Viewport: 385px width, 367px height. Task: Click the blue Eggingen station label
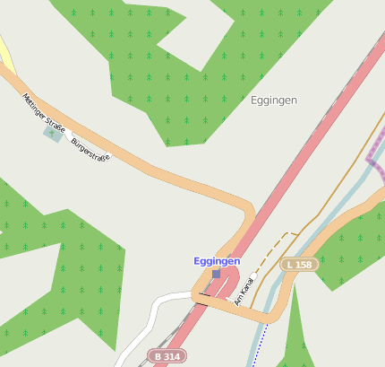pos(217,261)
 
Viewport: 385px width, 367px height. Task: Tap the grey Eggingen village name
pos(273,100)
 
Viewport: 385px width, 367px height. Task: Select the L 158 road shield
pos(298,265)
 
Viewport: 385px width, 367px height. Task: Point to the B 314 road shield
pos(166,356)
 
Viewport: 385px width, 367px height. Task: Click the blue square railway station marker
pos(216,273)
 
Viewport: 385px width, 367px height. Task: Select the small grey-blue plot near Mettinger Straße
pos(53,134)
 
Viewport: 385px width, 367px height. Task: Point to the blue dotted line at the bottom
pos(257,345)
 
